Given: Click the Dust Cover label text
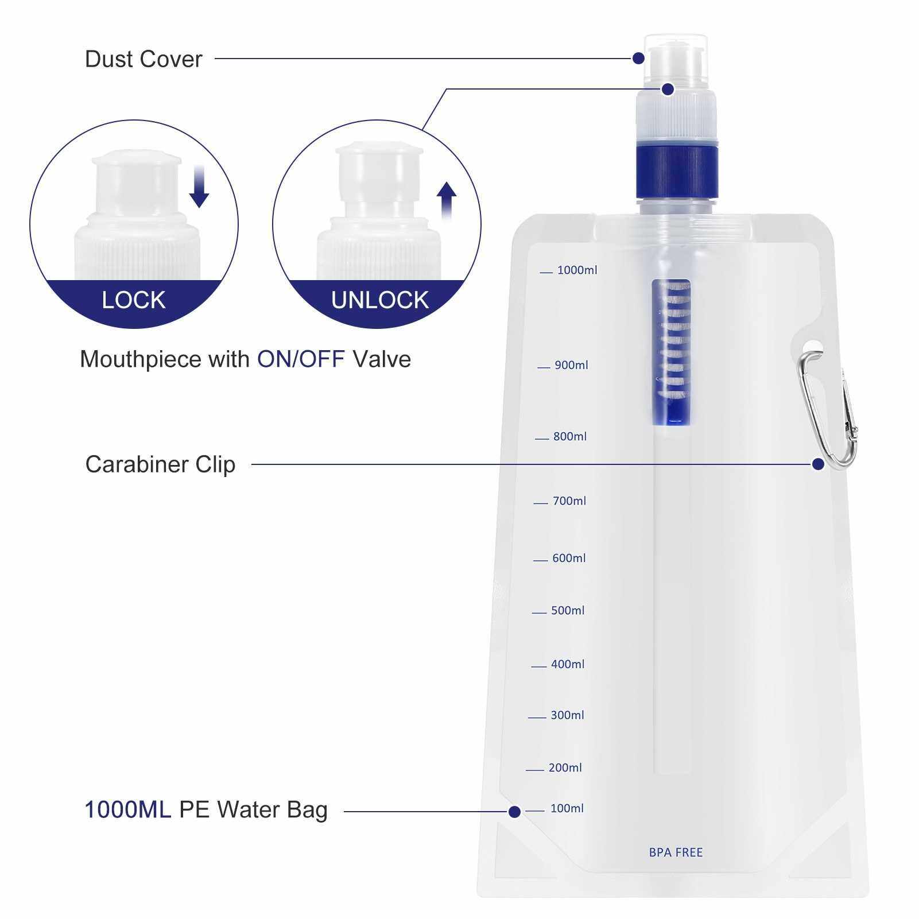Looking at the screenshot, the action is [144, 59].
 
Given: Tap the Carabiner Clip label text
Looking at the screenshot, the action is [160, 464].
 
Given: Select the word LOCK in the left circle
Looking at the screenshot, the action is [134, 300].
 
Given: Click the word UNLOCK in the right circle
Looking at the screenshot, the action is [380, 300].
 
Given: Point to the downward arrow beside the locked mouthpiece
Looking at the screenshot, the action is [199, 187].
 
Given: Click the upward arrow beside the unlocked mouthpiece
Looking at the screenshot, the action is [446, 201].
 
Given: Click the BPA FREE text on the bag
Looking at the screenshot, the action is [676, 852].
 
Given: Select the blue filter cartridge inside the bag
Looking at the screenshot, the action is [672, 352].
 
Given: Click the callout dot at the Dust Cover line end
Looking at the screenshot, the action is [638, 58].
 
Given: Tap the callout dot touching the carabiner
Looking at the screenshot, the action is [818, 464].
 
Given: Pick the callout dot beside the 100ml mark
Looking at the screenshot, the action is [514, 812].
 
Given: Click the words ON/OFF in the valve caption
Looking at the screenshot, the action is [301, 359].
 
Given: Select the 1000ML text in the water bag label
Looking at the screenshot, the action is [127, 810].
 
